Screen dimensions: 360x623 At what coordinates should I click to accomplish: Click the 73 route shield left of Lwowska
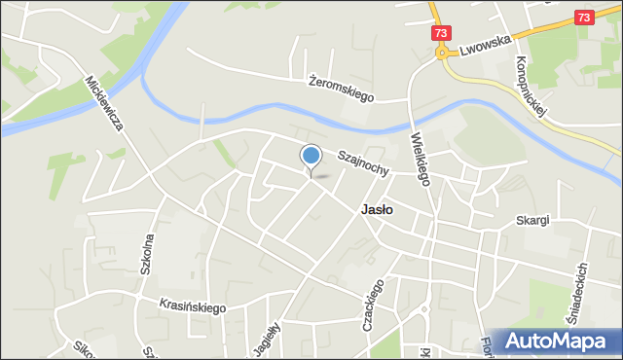point(442,32)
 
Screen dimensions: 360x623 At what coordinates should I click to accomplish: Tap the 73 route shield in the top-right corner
point(584,17)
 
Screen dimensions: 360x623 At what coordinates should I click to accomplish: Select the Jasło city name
point(377,208)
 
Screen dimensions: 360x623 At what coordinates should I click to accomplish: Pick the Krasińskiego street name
point(193,306)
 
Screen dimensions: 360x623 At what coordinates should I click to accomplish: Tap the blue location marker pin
point(311,157)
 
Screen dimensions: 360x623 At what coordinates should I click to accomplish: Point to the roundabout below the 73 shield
point(442,54)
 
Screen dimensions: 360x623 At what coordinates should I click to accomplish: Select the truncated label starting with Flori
point(483,346)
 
